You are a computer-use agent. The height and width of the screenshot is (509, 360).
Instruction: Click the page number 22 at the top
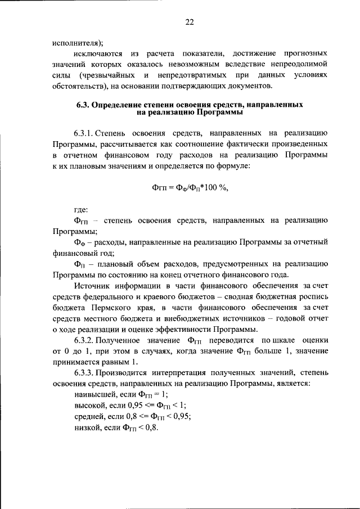(190, 22)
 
